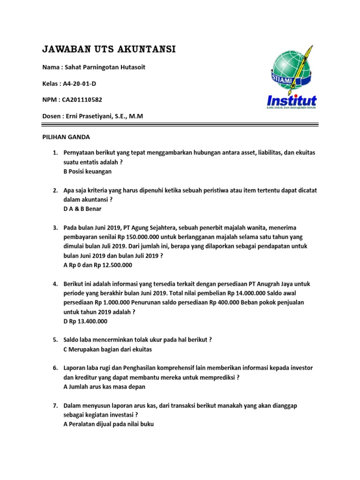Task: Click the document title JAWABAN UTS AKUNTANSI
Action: [x=109, y=49]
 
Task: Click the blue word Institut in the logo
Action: [x=292, y=100]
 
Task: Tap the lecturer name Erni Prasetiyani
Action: [x=89, y=116]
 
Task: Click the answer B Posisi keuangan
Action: [x=87, y=172]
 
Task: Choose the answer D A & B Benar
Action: [x=82, y=209]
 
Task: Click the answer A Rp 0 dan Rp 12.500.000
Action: [x=97, y=265]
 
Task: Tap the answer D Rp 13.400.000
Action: [x=85, y=321]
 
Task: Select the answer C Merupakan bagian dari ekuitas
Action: [x=108, y=349]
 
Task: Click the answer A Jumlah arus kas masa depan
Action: [x=104, y=387]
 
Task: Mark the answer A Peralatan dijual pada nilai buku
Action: [x=108, y=424]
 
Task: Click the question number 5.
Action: [x=55, y=340]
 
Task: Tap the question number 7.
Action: [x=55, y=405]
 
